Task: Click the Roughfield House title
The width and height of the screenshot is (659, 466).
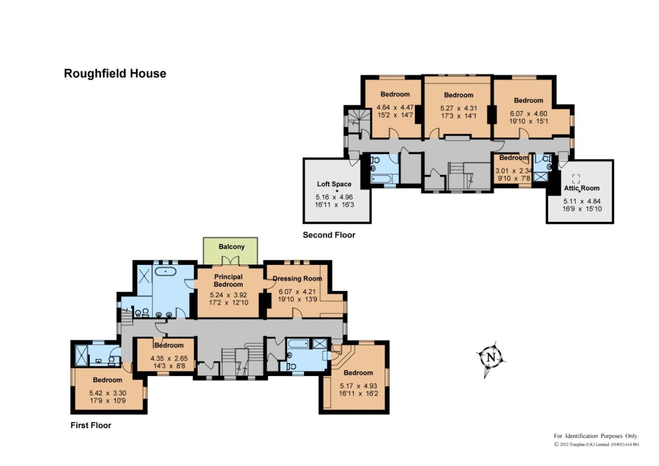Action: (115, 73)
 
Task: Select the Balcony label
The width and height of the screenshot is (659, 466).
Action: (232, 246)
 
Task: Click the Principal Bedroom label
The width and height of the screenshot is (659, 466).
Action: (228, 281)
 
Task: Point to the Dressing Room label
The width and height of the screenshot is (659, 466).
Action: (297, 278)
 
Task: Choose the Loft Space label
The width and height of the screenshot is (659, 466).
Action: (334, 184)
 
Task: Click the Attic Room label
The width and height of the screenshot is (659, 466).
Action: (582, 188)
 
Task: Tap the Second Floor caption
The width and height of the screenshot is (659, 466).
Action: (329, 235)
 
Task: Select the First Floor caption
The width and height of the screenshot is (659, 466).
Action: (91, 425)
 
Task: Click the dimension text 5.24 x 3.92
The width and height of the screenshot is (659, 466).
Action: (228, 295)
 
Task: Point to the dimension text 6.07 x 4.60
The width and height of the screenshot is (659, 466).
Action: (528, 113)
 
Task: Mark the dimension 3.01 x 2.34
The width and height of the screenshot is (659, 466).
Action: (514, 170)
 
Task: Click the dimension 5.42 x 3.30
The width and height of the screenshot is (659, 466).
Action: (108, 393)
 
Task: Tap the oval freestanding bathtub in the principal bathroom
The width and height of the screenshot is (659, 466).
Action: (166, 272)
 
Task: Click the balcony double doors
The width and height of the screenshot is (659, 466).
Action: (230, 261)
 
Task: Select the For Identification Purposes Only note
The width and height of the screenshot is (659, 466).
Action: (596, 436)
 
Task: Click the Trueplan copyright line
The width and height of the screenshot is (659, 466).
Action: (596, 445)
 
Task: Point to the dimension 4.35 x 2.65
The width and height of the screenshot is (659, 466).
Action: (169, 359)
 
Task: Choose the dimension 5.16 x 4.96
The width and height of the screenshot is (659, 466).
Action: (334, 197)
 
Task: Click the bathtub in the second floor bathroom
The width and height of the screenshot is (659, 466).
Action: (381, 178)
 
